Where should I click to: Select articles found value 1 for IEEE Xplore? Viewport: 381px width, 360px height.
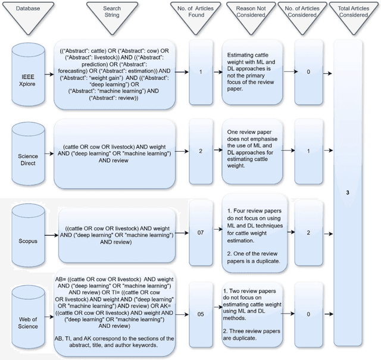(x=201, y=71)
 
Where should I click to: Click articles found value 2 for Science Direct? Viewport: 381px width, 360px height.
(x=201, y=151)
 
